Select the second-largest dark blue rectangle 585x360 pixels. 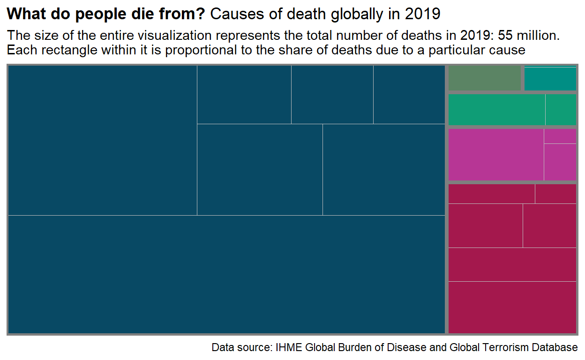pyautogui.click(x=103, y=140)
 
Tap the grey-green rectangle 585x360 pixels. pyautogui.click(x=485, y=78)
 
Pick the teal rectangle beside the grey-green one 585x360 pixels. pyautogui.click(x=550, y=79)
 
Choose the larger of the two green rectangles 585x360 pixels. pyautogui.click(x=497, y=110)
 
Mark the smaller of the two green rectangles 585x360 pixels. pyautogui.click(x=561, y=110)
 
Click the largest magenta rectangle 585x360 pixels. pyautogui.click(x=496, y=154)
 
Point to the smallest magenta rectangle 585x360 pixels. pyautogui.click(x=560, y=136)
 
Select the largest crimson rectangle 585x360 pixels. pyautogui.click(x=512, y=307)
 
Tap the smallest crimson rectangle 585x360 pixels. pyautogui.click(x=555, y=194)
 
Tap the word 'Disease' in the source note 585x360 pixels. pyautogui.click(x=406, y=348)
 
